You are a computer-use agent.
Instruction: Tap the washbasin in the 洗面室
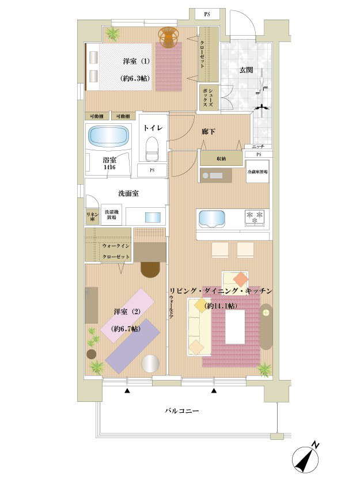pos(153,217)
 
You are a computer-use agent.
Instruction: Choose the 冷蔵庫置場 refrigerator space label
pos(257,172)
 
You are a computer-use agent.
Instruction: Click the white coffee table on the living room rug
pos(236,326)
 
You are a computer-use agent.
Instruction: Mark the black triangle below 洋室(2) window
pos(127,391)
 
